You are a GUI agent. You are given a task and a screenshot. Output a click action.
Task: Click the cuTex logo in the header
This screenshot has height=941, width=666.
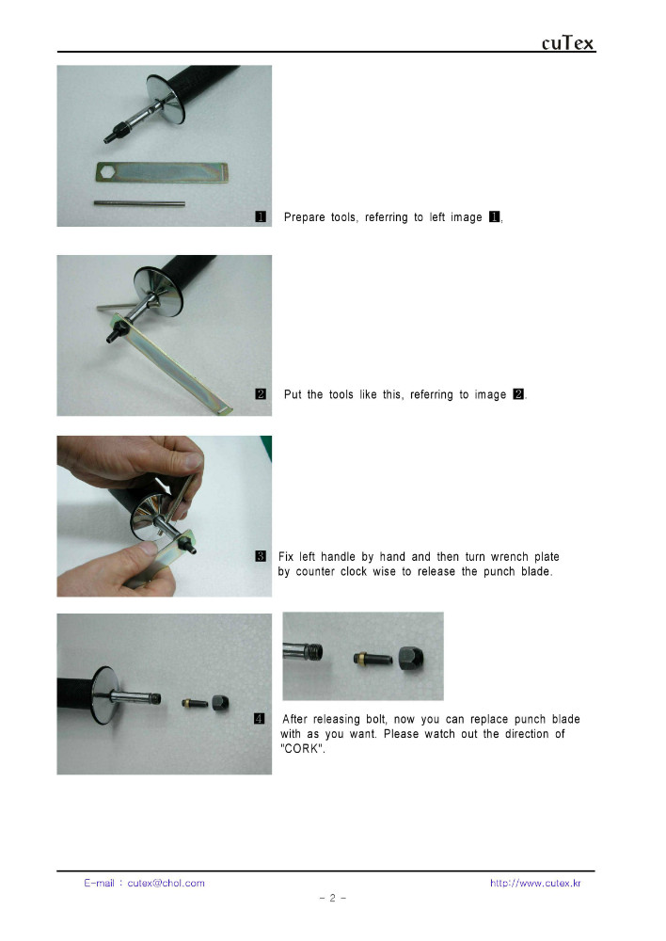(567, 43)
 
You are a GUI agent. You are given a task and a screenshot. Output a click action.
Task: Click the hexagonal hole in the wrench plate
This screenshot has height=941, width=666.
(107, 171)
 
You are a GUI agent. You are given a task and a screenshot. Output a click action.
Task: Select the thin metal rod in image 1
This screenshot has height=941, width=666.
(139, 204)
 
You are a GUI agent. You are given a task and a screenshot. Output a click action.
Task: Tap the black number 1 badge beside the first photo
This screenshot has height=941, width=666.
(261, 216)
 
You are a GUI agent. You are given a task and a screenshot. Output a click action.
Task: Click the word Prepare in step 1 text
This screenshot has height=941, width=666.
(304, 217)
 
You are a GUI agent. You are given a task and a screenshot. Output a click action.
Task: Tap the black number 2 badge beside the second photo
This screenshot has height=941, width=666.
(261, 393)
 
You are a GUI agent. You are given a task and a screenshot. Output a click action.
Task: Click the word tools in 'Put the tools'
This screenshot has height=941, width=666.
(341, 394)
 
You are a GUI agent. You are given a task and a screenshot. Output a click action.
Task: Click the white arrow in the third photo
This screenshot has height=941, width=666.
(163, 486)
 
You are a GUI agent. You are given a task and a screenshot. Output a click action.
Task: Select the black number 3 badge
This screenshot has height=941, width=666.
(261, 556)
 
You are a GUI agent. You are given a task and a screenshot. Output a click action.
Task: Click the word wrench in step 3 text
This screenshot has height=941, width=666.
(509, 556)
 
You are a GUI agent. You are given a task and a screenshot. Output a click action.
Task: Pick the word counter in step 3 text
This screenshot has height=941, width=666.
(315, 571)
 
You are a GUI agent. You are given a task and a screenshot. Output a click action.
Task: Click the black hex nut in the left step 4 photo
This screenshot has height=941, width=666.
(220, 703)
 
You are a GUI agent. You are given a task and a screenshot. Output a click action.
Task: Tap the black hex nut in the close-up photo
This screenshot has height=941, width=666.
(411, 658)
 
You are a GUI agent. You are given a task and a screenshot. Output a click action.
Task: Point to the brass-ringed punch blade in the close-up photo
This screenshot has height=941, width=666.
(373, 659)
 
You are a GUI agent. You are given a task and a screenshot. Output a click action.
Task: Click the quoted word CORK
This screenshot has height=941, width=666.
(303, 748)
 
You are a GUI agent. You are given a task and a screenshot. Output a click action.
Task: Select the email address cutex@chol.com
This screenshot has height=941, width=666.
(166, 883)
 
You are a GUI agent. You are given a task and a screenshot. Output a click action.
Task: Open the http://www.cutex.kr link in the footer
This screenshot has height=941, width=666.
(535, 883)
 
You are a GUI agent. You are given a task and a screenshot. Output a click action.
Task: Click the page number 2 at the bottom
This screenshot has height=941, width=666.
(332, 898)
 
